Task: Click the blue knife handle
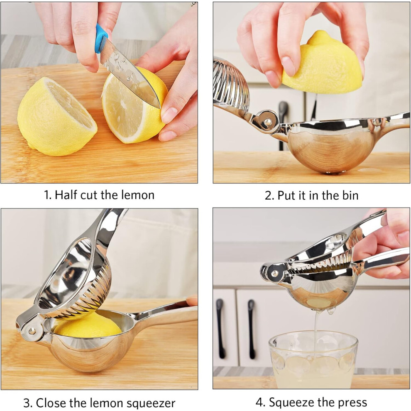[x=101, y=38]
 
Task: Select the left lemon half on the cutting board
[x=56, y=116]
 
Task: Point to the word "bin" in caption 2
[x=350, y=196]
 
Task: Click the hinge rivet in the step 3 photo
[x=32, y=331]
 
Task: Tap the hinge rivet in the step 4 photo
[x=275, y=274]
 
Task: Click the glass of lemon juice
[x=313, y=360]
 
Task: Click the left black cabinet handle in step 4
[x=220, y=328]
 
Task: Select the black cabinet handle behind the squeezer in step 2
[x=283, y=123]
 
